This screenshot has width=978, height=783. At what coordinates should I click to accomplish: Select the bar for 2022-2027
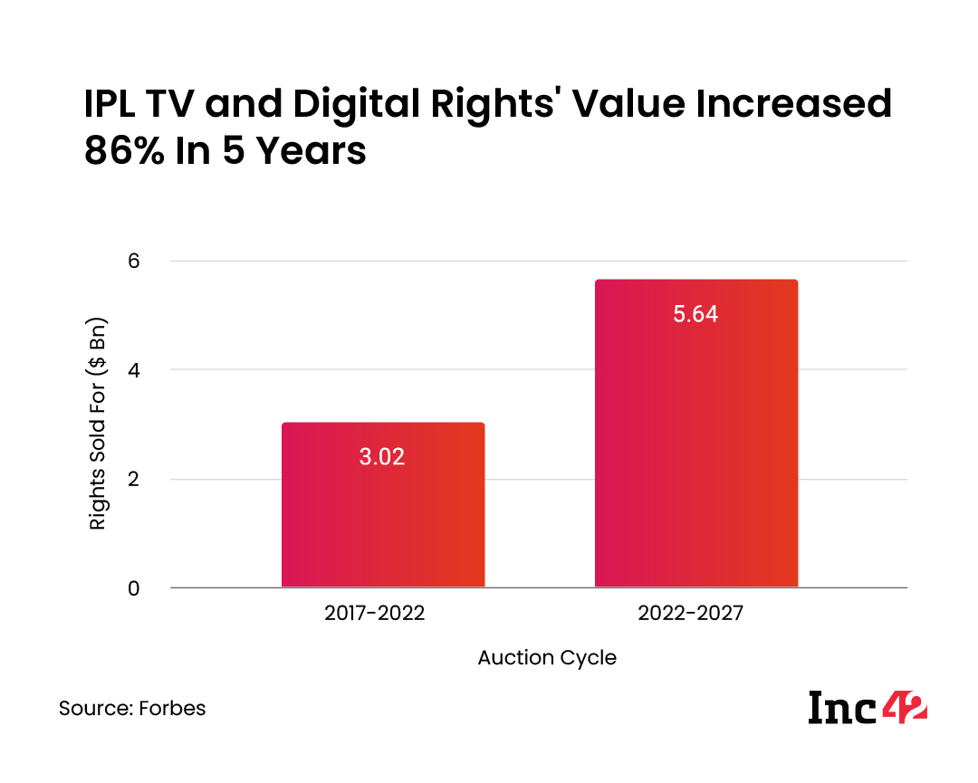(695, 434)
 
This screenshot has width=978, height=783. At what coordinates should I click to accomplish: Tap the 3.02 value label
(382, 456)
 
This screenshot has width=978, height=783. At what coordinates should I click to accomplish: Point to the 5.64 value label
(695, 314)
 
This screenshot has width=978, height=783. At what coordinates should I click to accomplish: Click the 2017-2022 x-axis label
(374, 613)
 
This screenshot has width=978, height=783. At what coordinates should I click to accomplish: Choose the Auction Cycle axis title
(547, 658)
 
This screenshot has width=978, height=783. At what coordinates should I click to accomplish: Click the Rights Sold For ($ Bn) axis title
(98, 424)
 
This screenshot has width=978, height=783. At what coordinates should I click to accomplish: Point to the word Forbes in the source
(172, 708)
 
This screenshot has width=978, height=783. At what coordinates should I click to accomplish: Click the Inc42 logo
(868, 707)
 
